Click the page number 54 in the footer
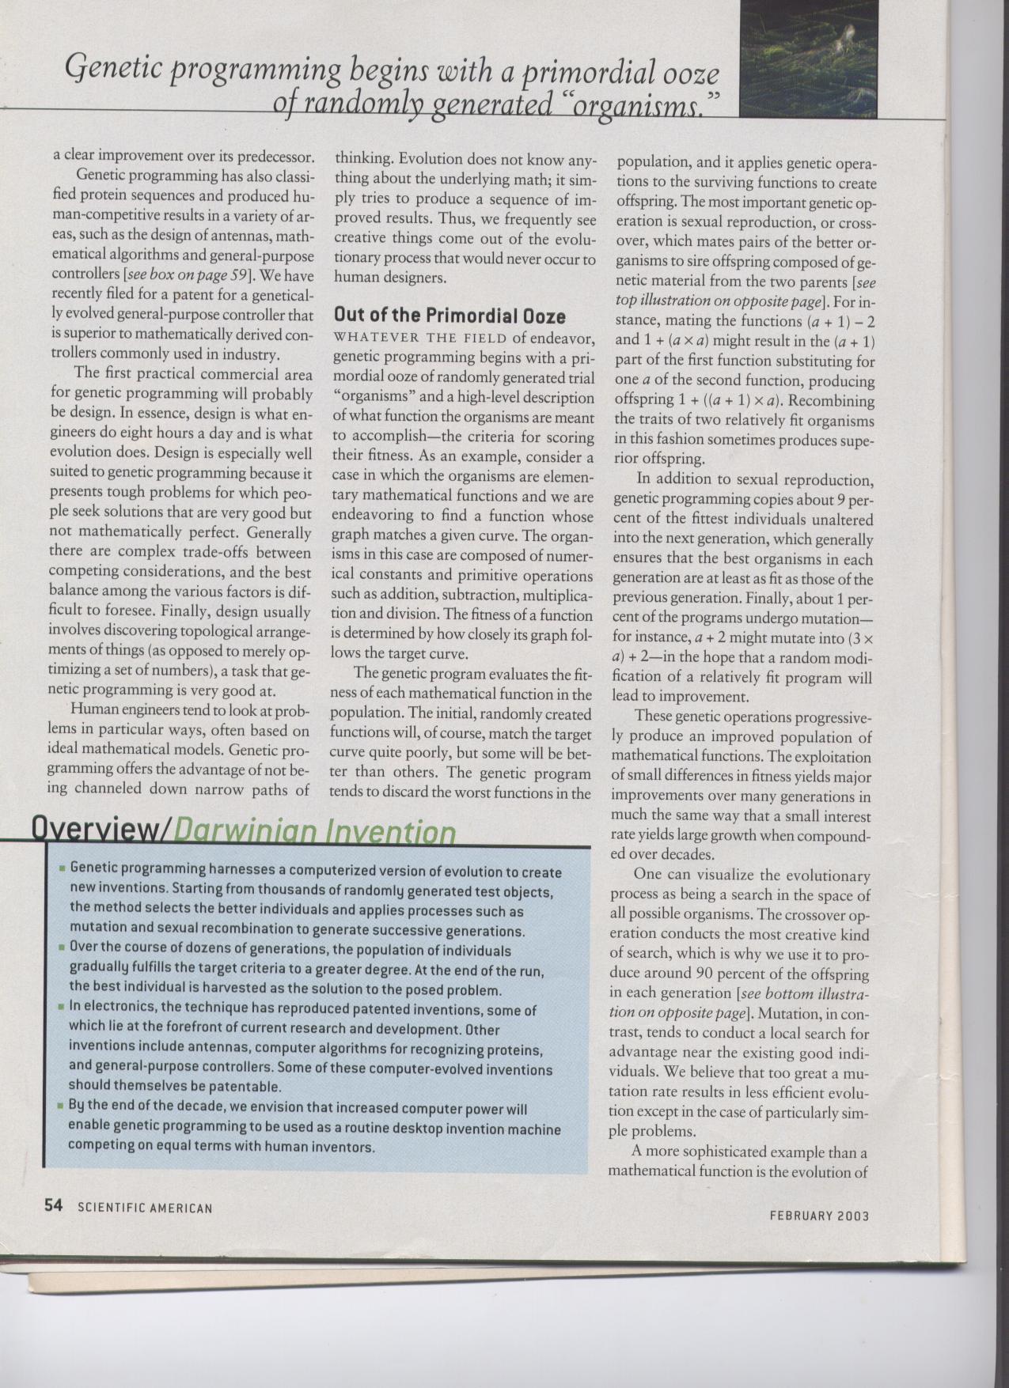pyautogui.click(x=53, y=1205)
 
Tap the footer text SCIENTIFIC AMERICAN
pyautogui.click(x=145, y=1208)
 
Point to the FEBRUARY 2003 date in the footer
pyautogui.click(x=819, y=1216)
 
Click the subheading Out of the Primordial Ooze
pyautogui.click(x=449, y=316)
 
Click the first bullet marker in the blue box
pyautogui.click(x=61, y=868)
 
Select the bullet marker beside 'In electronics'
pyautogui.click(x=61, y=1008)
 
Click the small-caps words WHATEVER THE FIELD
pyautogui.click(x=419, y=338)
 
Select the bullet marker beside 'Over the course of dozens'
pyautogui.click(x=61, y=946)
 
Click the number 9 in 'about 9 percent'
pyautogui.click(x=841, y=499)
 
